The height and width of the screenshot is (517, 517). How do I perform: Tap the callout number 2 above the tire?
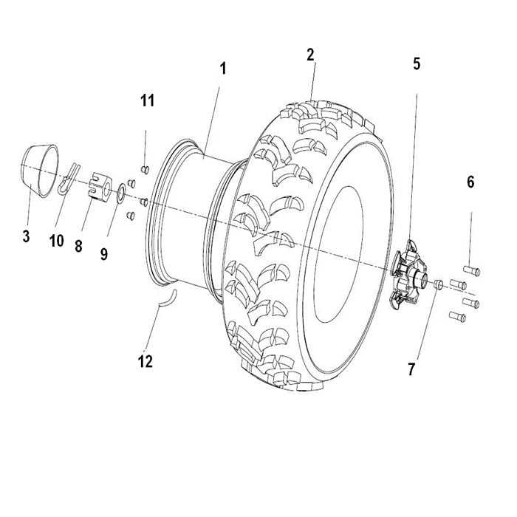tap(310, 54)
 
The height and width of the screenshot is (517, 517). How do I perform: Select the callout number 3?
tap(26, 236)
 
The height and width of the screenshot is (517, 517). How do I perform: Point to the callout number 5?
tap(417, 64)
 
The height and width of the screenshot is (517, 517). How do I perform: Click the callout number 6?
tap(470, 182)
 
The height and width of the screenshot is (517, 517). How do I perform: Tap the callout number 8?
tap(78, 247)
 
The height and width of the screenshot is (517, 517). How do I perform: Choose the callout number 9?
tap(104, 253)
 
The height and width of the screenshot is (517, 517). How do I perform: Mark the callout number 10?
tap(57, 241)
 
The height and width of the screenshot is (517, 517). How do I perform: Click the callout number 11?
tap(148, 100)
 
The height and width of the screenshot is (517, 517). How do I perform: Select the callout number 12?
tap(145, 361)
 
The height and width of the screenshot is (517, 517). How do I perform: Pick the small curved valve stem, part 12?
tap(168, 298)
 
